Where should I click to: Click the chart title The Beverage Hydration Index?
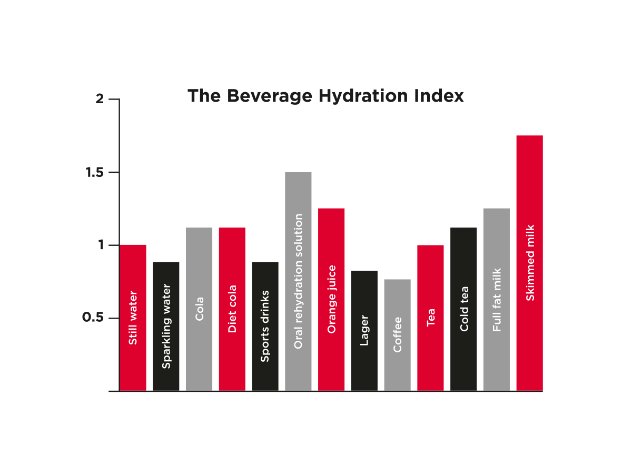point(325,96)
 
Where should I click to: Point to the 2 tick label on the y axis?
point(100,99)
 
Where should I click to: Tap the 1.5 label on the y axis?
point(94,172)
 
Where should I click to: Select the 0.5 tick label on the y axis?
point(93,317)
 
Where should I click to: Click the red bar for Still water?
point(133,318)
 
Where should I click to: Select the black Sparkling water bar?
point(166,327)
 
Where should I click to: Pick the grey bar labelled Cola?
point(199,309)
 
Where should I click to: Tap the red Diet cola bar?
point(232,309)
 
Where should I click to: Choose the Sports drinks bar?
point(265,327)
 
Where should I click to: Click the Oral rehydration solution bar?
point(298,281)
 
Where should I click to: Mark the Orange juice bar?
point(331,300)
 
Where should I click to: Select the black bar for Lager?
point(364,331)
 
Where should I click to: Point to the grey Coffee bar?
point(397,335)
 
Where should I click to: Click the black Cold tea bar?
point(463,309)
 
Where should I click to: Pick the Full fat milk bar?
point(497,300)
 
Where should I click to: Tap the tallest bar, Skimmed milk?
point(530,263)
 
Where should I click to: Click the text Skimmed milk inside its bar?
point(530,263)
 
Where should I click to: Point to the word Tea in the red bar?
point(431,318)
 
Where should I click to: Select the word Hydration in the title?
point(363,96)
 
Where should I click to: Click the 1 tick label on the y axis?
point(101,245)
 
